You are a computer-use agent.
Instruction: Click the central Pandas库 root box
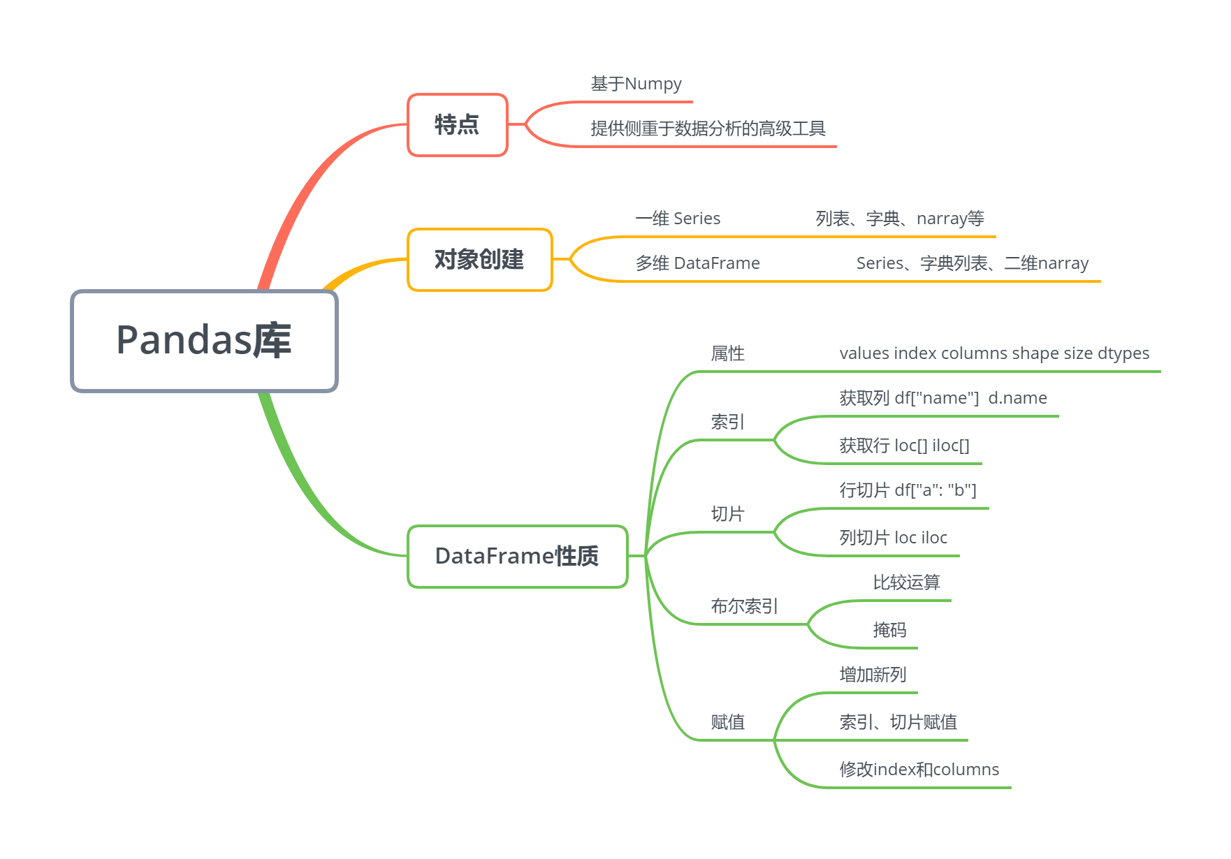pos(204,341)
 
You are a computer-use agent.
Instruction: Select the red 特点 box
pos(457,125)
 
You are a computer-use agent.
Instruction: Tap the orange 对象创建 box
pos(479,260)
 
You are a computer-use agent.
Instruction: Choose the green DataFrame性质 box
pos(517,556)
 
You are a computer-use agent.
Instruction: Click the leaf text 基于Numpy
pos(636,84)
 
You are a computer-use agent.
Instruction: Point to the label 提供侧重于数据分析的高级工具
pos(708,129)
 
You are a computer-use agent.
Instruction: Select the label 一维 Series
pos(678,219)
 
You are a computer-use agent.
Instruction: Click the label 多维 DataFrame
pos(697,263)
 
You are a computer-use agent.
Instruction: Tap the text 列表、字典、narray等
pos(900,219)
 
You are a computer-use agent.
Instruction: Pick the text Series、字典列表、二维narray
pos(973,263)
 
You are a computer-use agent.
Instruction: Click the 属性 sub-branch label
pos(727,353)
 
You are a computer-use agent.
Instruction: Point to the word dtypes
pos(1123,353)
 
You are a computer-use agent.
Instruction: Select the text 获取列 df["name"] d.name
pos(943,398)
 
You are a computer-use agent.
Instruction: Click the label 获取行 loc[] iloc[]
pos(904,446)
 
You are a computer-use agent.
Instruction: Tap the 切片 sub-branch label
pos(727,514)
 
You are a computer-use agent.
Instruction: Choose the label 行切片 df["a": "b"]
pos(908,490)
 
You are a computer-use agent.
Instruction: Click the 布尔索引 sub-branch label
pos(744,606)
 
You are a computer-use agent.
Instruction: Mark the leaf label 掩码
pos(889,630)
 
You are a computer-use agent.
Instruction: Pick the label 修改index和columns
pos(919,770)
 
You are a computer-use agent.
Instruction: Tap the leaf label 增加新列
pos(873,675)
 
